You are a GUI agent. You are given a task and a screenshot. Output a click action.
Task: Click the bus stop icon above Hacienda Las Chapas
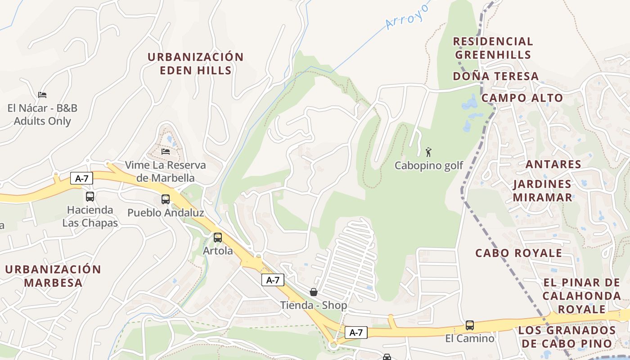pyautogui.click(x=90, y=197)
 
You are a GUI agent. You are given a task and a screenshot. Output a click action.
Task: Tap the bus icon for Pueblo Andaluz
pyautogui.click(x=166, y=199)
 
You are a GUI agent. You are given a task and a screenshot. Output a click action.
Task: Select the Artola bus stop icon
pyautogui.click(x=218, y=238)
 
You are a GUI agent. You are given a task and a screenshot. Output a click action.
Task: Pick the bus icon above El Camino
pyautogui.click(x=470, y=325)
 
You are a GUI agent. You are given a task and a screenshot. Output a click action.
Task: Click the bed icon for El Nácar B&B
pyautogui.click(x=42, y=95)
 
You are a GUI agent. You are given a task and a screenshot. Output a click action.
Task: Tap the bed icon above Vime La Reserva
pyautogui.click(x=166, y=152)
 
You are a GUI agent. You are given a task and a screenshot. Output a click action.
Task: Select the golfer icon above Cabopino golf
pyautogui.click(x=428, y=152)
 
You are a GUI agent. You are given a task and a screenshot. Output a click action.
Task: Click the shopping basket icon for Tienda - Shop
pyautogui.click(x=314, y=292)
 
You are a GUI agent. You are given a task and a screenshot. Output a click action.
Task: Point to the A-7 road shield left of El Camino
pyautogui.click(x=356, y=333)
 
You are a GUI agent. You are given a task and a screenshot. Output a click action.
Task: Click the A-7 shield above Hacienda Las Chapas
pyautogui.click(x=81, y=179)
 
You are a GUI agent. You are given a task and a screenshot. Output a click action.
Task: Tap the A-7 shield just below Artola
pyautogui.click(x=273, y=280)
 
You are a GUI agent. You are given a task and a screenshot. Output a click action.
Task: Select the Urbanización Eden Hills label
pyautogui.click(x=196, y=63)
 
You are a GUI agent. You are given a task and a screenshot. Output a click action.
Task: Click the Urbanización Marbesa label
pyautogui.click(x=53, y=276)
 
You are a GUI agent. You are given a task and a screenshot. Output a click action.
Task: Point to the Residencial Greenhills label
pyautogui.click(x=493, y=48)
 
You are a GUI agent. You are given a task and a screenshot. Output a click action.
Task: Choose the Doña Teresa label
pyautogui.click(x=495, y=76)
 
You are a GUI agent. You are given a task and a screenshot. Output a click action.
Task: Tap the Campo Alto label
pyautogui.click(x=522, y=98)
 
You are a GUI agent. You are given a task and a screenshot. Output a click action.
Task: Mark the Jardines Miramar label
pyautogui.click(x=542, y=190)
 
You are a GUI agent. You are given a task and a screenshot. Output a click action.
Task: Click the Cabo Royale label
pyautogui.click(x=519, y=253)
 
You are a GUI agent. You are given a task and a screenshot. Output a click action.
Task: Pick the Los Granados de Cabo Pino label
pyautogui.click(x=567, y=337)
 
